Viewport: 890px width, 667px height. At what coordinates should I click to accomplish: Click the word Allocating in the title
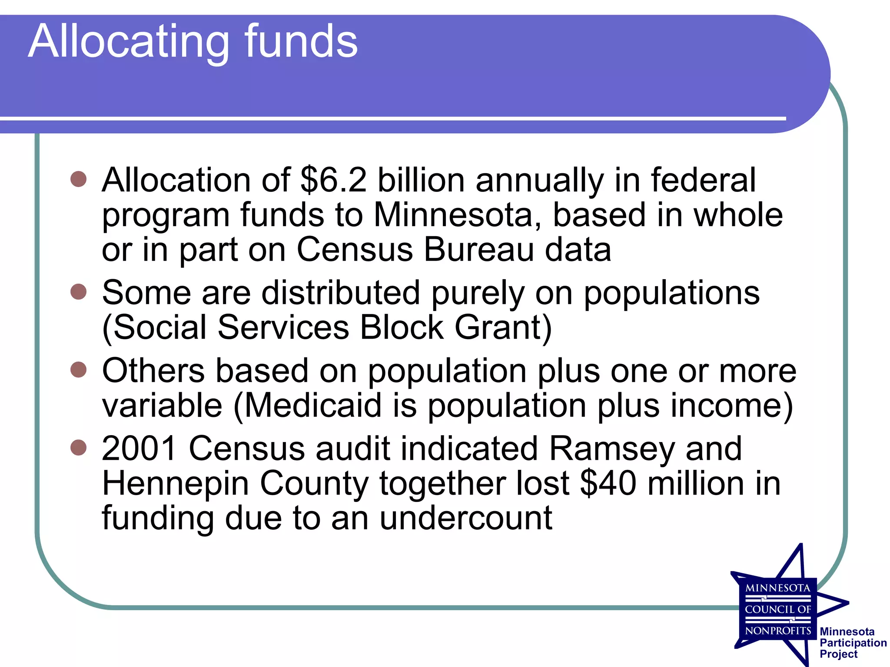(128, 42)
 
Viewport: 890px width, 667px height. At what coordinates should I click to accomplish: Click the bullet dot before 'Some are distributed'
(79, 292)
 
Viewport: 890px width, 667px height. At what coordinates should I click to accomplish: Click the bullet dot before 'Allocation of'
(79, 179)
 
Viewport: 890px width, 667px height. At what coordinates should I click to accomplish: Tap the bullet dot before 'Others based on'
(79, 370)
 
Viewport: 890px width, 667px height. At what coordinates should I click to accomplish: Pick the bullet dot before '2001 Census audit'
(79, 448)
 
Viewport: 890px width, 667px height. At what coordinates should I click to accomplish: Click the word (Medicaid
(308, 406)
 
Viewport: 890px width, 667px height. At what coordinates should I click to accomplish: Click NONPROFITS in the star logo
(778, 631)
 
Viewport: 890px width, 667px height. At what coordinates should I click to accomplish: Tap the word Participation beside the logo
(853, 643)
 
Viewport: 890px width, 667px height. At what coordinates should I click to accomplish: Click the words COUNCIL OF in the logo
(778, 609)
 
